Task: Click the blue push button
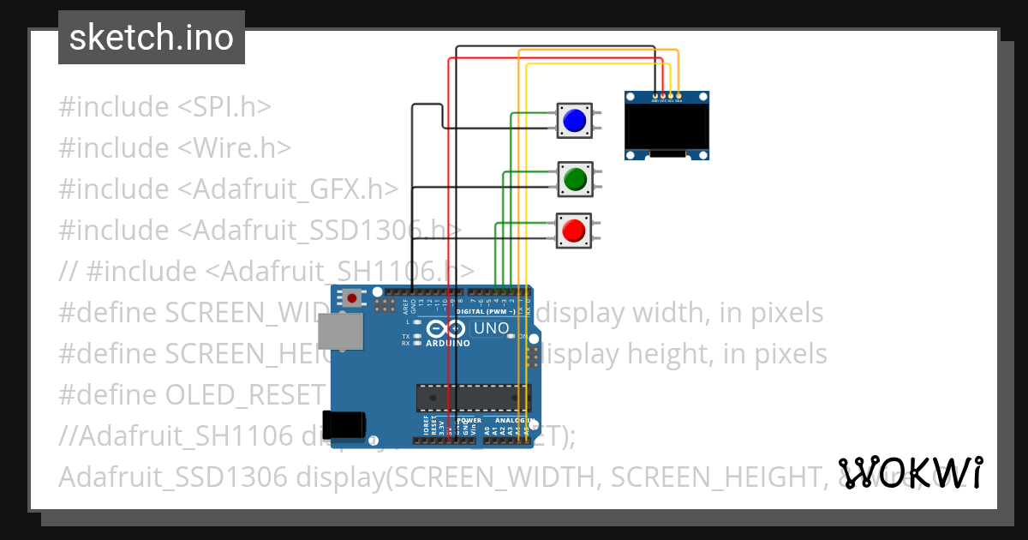[574, 120]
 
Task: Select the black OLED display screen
[667, 126]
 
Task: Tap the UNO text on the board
[492, 328]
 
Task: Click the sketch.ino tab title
[152, 38]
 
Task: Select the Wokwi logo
[911, 472]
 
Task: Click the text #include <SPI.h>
[164, 107]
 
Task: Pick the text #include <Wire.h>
[175, 148]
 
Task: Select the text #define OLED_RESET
[192, 395]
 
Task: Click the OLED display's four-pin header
[667, 95]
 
